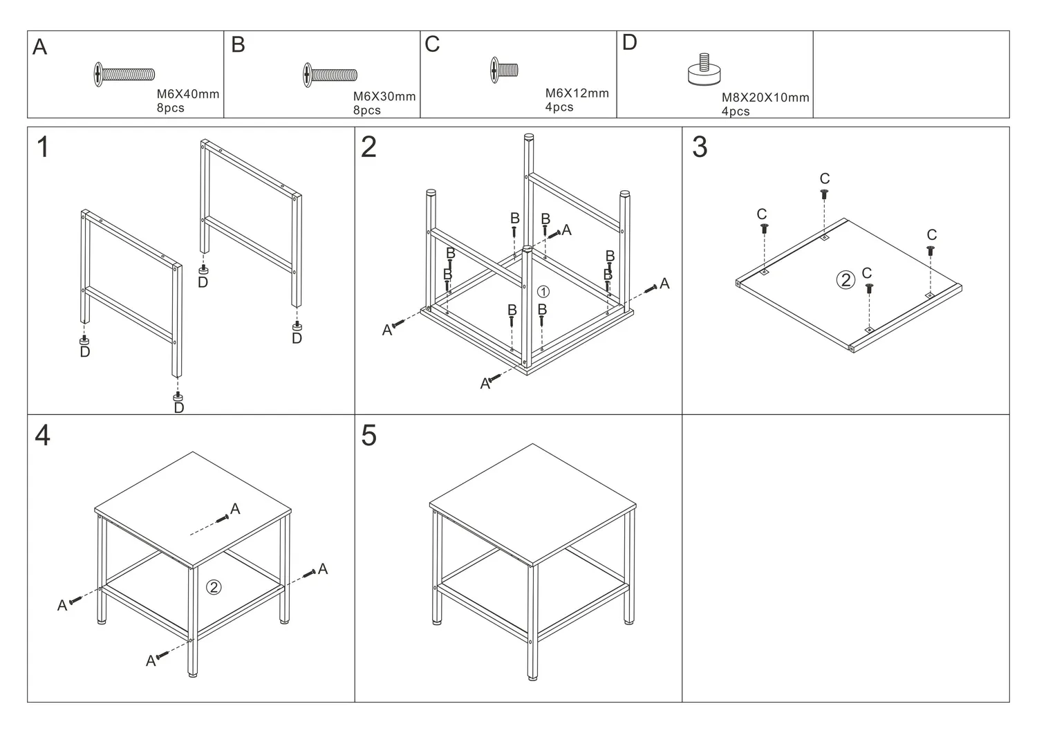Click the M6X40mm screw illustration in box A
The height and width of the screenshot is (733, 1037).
[124, 74]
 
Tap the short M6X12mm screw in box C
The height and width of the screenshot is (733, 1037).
[504, 70]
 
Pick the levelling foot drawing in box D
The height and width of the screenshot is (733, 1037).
[704, 71]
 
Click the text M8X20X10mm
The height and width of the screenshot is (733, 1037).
[765, 98]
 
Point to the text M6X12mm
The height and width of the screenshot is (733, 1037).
[577, 93]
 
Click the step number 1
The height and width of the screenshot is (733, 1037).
[43, 147]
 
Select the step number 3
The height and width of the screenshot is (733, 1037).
[700, 147]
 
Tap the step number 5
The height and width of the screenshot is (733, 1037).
[369, 436]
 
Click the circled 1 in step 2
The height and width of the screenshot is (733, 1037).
[543, 292]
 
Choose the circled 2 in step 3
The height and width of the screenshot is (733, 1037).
[846, 280]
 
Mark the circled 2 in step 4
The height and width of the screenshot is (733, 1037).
[214, 587]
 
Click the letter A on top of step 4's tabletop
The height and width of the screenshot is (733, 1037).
[235, 509]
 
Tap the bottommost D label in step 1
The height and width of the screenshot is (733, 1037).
[178, 408]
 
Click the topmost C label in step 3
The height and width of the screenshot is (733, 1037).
[824, 179]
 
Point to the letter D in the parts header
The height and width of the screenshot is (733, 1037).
[629, 43]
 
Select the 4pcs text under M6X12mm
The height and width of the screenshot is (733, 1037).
[559, 107]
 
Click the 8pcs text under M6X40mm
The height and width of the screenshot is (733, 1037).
[170, 108]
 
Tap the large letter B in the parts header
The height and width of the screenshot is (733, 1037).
[238, 45]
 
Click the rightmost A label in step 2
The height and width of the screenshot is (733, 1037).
[664, 283]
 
